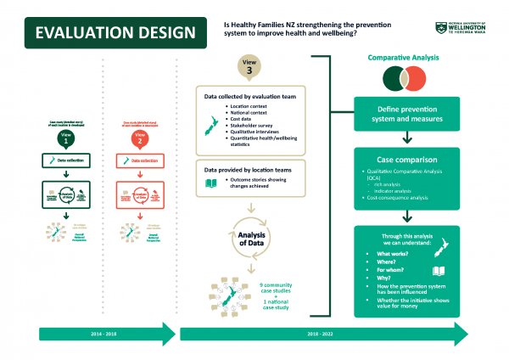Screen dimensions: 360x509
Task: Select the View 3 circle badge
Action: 248,67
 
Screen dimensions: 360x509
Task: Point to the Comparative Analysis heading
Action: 403,59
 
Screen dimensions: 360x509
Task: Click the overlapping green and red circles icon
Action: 403,81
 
